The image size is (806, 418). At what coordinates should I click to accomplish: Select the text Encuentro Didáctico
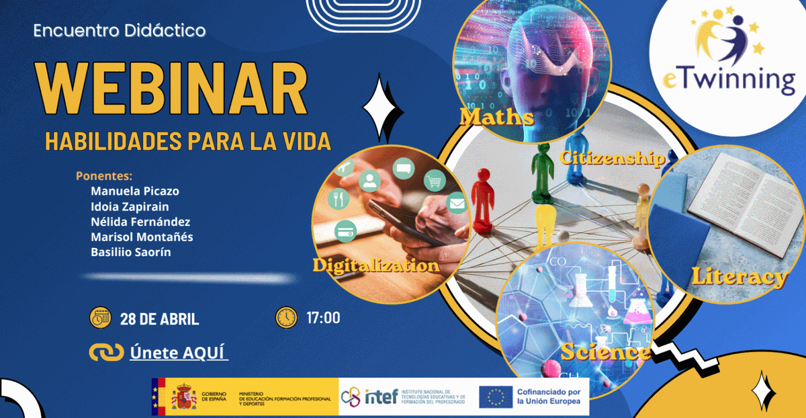click(120, 31)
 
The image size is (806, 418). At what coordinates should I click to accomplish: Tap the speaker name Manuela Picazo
click(135, 191)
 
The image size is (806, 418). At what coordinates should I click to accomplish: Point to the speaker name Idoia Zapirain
click(130, 206)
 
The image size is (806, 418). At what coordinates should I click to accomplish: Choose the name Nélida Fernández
click(140, 222)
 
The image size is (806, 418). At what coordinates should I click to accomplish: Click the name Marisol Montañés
click(142, 237)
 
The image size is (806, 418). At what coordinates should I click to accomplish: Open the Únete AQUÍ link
click(179, 352)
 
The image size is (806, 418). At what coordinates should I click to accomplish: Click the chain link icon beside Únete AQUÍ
click(106, 352)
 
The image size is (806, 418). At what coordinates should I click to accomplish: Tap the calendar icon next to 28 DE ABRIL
click(100, 318)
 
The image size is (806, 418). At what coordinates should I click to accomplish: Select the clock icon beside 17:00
click(286, 317)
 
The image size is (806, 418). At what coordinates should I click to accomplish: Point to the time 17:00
click(323, 318)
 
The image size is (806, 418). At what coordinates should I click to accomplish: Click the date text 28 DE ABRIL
click(159, 319)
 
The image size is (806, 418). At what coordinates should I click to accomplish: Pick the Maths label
click(497, 118)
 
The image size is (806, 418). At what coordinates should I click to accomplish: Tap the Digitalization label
click(375, 265)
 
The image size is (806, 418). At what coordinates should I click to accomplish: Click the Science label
click(604, 352)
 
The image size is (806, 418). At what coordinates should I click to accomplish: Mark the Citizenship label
click(612, 159)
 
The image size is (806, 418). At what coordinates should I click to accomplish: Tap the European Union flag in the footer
click(496, 396)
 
